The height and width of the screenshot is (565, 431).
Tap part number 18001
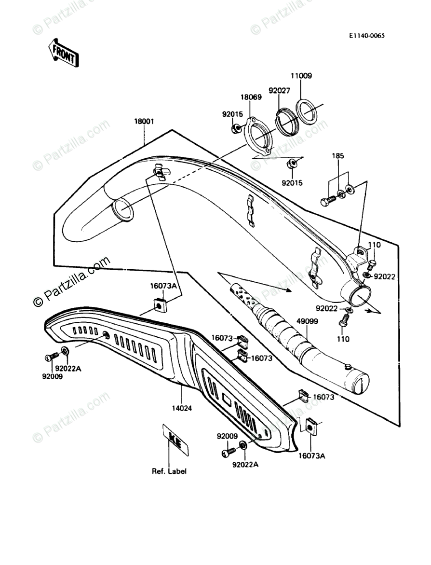(144, 122)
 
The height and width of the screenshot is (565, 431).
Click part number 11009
(301, 76)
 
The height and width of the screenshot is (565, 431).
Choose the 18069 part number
(251, 97)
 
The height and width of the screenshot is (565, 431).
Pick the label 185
(338, 156)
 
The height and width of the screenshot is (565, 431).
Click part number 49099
(307, 320)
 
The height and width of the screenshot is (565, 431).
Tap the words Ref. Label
(169, 471)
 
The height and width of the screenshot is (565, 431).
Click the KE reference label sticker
(175, 440)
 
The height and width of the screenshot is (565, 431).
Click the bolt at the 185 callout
(328, 200)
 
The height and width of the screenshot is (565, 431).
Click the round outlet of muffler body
(361, 296)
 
